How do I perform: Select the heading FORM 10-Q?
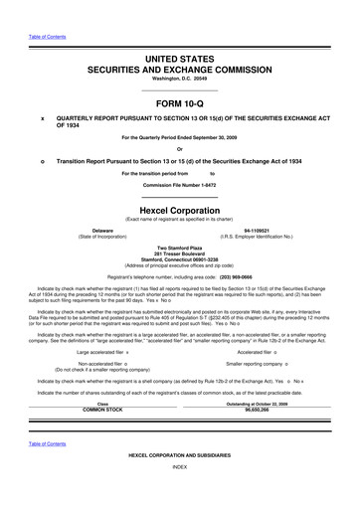pyautogui.click(x=179, y=102)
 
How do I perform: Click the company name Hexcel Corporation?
pyautogui.click(x=179, y=212)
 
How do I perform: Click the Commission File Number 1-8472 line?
pyautogui.click(x=179, y=186)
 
